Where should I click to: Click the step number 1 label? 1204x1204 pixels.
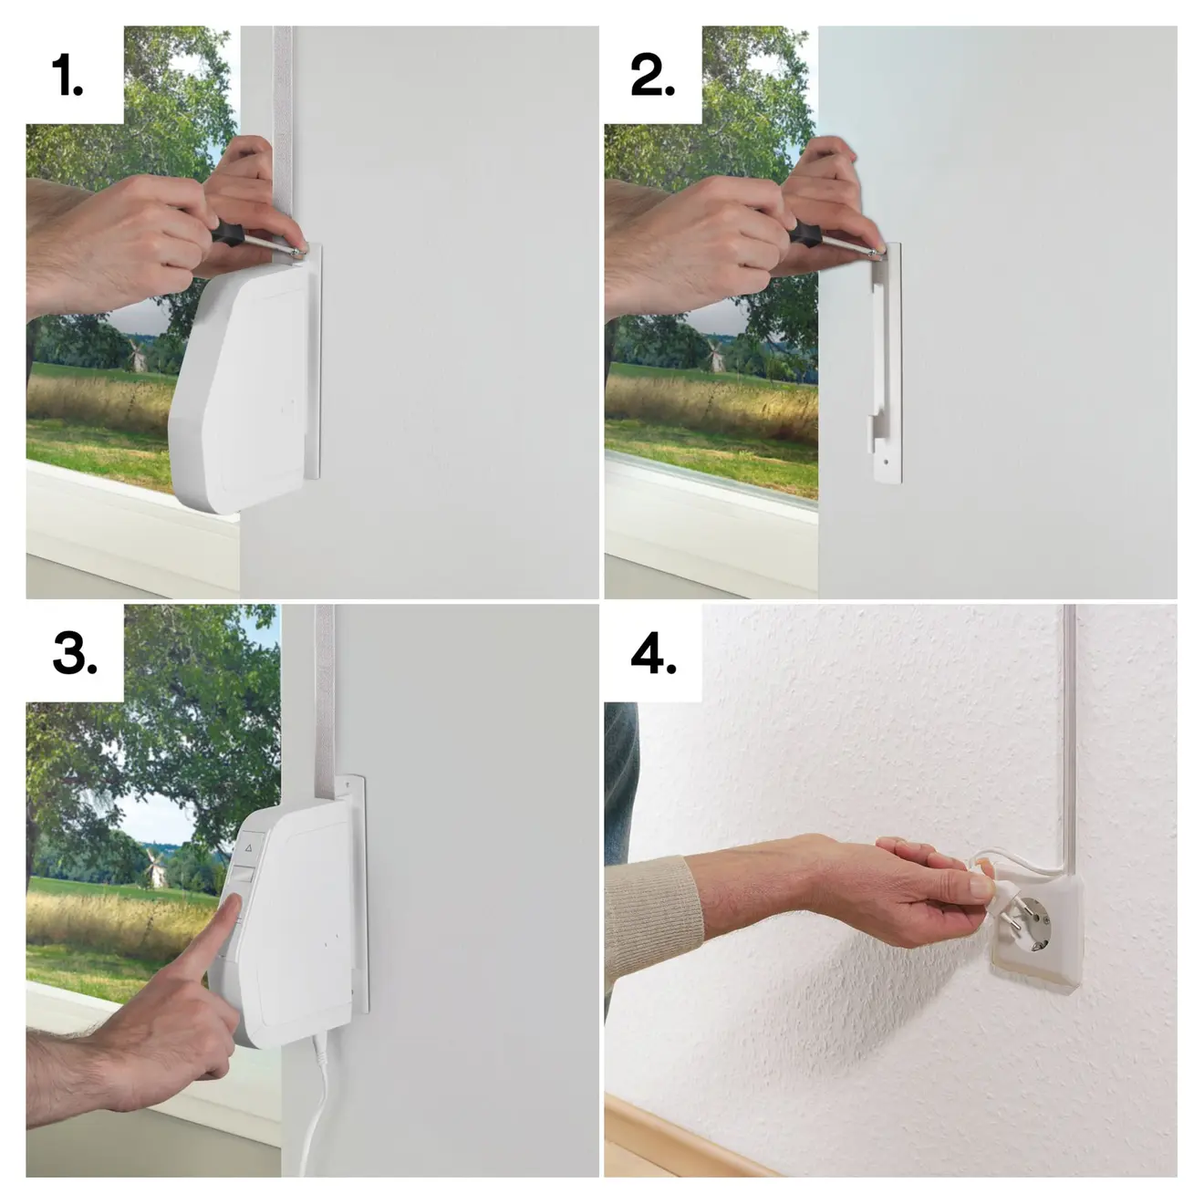pyautogui.click(x=68, y=76)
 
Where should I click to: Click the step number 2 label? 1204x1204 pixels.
pyautogui.click(x=652, y=76)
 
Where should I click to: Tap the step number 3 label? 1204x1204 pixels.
pyautogui.click(x=75, y=654)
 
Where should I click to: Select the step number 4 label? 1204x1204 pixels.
pyautogui.click(x=654, y=654)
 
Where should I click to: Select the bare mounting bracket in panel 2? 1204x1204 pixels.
pyautogui.click(x=883, y=365)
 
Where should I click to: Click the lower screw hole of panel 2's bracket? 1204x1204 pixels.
pyautogui.click(x=886, y=462)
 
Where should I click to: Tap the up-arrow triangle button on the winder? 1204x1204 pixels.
pyautogui.click(x=247, y=847)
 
